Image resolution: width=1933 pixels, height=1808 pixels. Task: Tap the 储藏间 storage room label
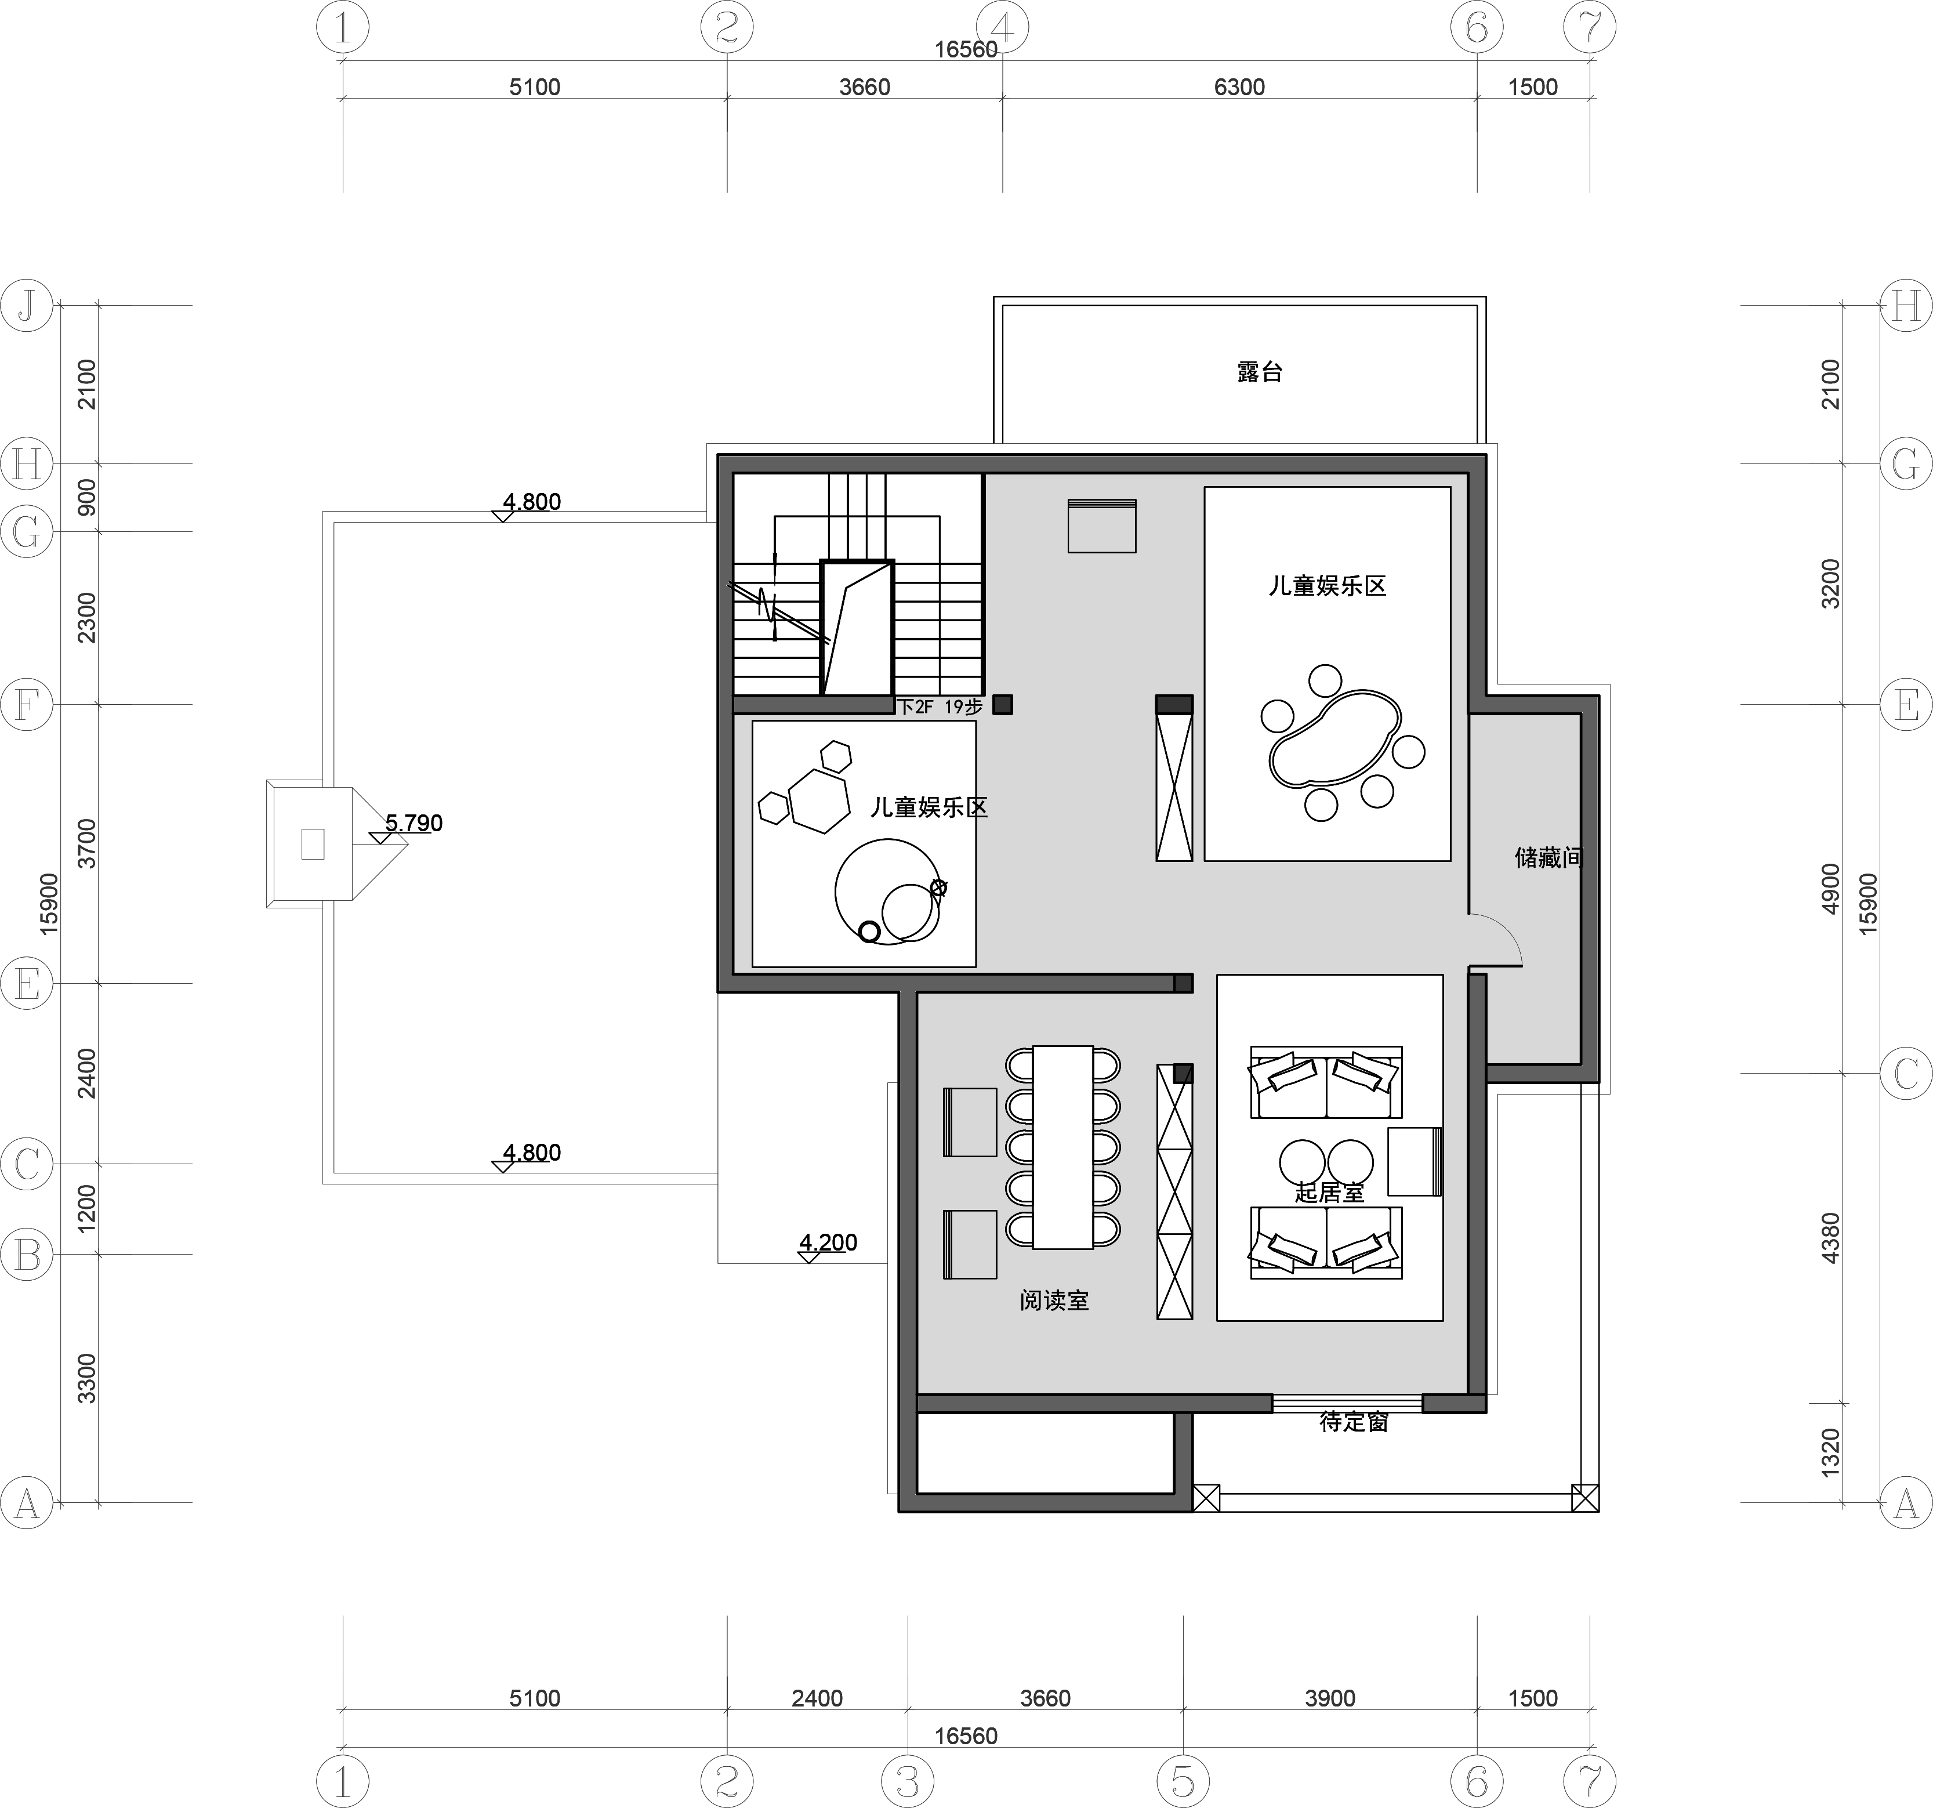click(1549, 857)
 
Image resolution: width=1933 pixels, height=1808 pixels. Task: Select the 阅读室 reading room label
click(1054, 1300)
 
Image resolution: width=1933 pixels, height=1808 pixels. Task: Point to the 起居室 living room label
click(1329, 1193)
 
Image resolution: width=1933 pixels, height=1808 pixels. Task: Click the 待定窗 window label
click(1354, 1422)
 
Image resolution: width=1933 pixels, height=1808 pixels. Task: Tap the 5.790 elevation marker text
click(414, 823)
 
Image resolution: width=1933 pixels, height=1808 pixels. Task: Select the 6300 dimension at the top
click(1240, 86)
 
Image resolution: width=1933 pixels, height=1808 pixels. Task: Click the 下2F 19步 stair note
click(940, 707)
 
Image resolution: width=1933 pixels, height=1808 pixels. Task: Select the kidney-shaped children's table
click(1334, 737)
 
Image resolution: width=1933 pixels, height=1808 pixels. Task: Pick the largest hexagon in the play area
click(819, 802)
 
